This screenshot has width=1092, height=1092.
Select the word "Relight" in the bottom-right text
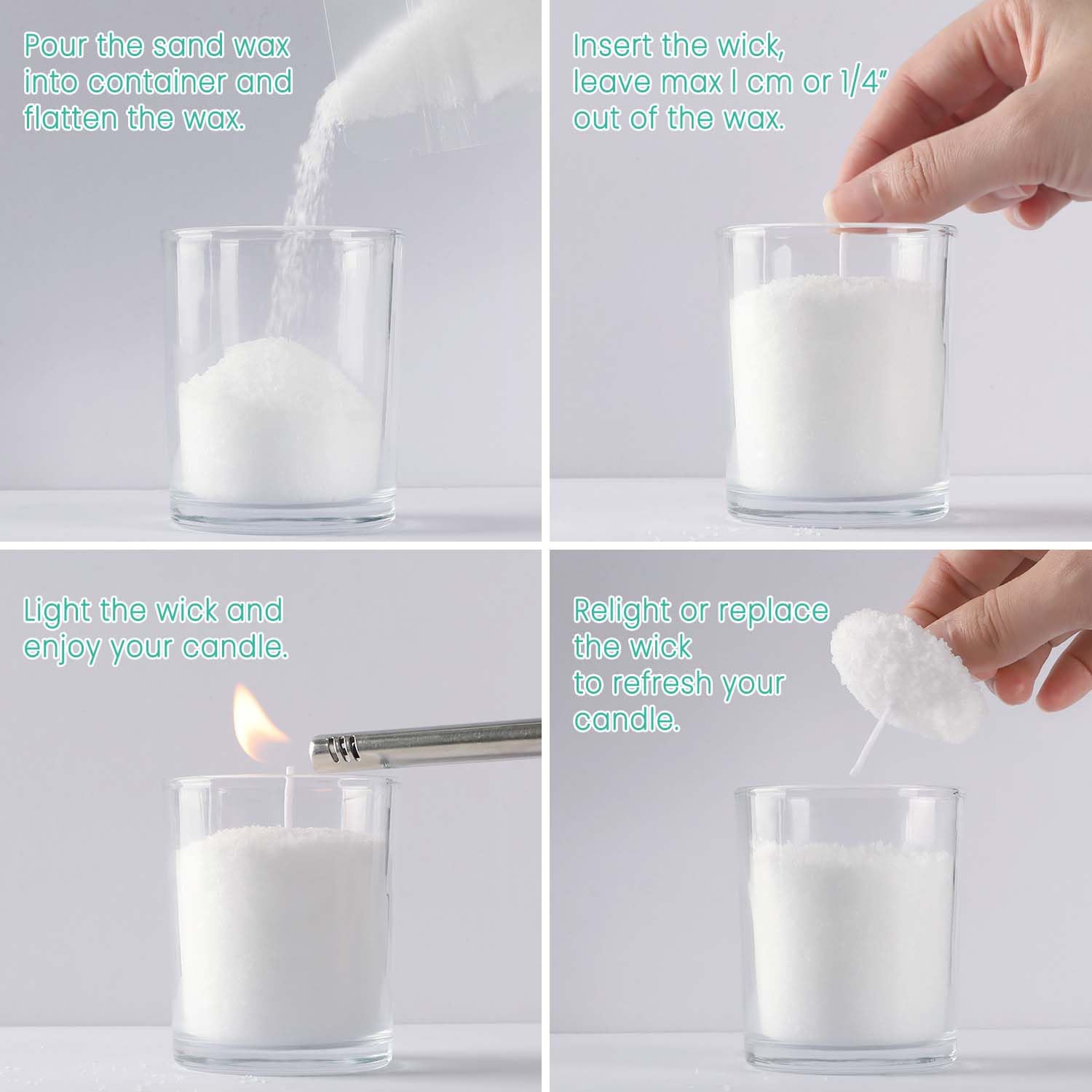click(x=622, y=610)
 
